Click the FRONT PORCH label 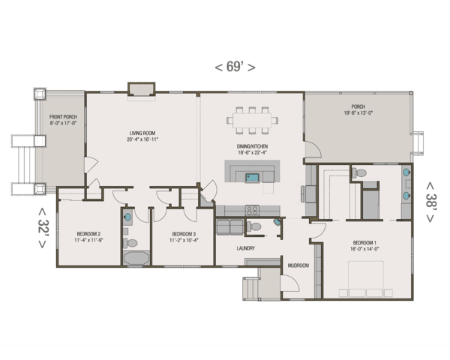pyautogui.click(x=63, y=118)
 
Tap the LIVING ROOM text pyautogui.click(x=142, y=133)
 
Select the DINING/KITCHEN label pyautogui.click(x=253, y=146)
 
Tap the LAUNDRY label pyautogui.click(x=245, y=248)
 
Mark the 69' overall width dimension pyautogui.click(x=235, y=67)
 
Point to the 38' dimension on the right pyautogui.click(x=430, y=200)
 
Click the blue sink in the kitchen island pyautogui.click(x=253, y=178)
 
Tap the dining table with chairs pyautogui.click(x=253, y=120)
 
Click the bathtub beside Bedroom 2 pyautogui.click(x=136, y=259)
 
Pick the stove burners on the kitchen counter pyautogui.click(x=252, y=210)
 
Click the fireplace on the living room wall pyautogui.click(x=140, y=90)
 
